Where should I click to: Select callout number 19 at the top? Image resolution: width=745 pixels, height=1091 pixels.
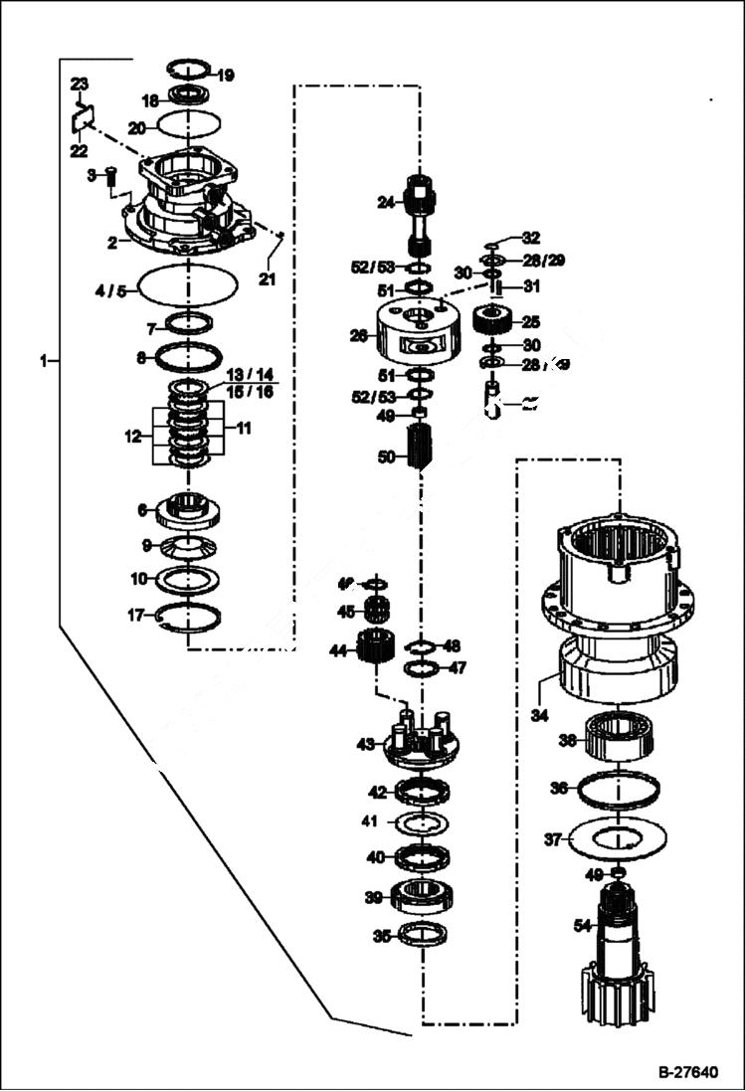coord(225,75)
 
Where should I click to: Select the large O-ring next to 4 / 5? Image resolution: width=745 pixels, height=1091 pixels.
coord(188,287)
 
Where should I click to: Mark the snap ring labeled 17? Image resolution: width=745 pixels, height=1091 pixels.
coord(188,617)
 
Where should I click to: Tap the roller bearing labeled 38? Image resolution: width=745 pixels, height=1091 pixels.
coord(618,736)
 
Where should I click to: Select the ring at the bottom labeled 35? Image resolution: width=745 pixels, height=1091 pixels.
coord(422,934)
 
